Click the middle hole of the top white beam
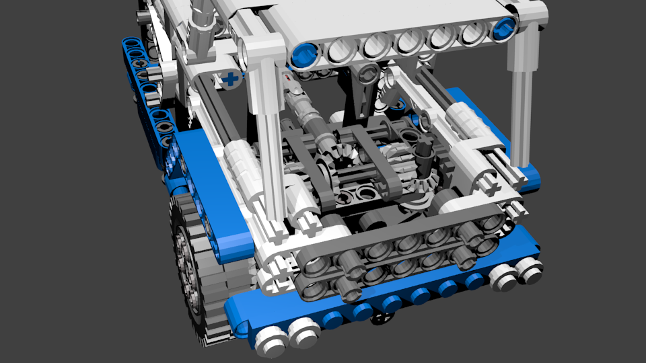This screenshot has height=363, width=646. click(x=408, y=42)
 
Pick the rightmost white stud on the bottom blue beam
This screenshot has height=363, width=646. click(x=528, y=269)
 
